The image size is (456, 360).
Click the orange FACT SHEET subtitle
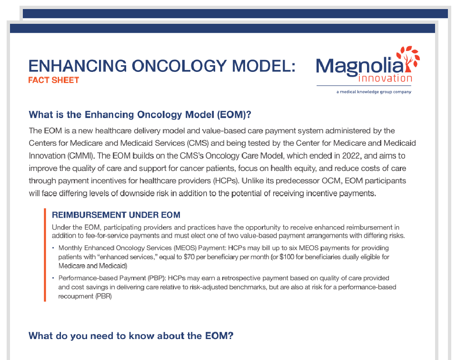(53, 80)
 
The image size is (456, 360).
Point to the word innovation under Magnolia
(386, 78)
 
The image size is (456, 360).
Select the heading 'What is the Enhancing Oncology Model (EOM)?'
(139, 115)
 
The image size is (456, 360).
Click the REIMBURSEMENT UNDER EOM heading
(116, 215)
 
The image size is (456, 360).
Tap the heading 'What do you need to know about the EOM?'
(131, 336)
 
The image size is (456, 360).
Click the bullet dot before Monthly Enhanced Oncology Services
(53, 249)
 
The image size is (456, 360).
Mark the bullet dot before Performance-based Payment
(53, 278)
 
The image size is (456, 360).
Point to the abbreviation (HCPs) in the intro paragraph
(222, 181)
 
